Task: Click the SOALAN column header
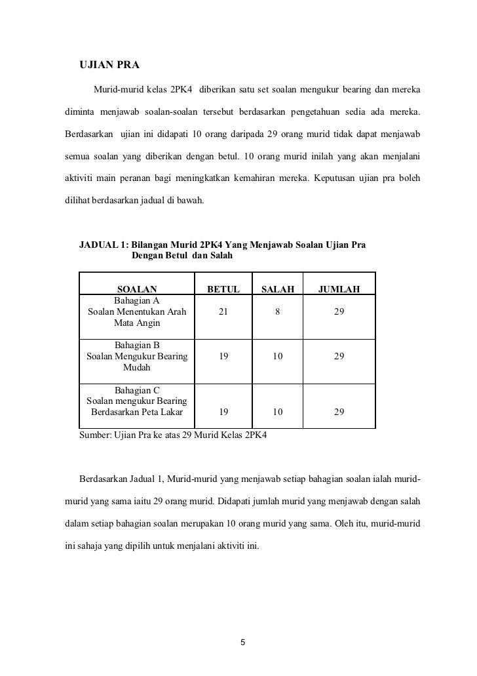(x=137, y=289)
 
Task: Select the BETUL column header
(x=223, y=289)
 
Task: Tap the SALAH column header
(x=278, y=289)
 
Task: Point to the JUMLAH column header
(x=338, y=289)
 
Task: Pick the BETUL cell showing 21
(x=223, y=312)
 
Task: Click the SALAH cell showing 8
(x=278, y=312)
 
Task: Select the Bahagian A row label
(x=137, y=301)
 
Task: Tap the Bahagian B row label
(x=137, y=345)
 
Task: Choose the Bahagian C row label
(x=137, y=389)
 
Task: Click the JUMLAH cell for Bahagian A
(x=338, y=312)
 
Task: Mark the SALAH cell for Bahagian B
(x=278, y=356)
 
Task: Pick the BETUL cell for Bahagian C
(x=223, y=412)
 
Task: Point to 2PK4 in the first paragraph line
(x=181, y=88)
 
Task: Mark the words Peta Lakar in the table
(x=160, y=412)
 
